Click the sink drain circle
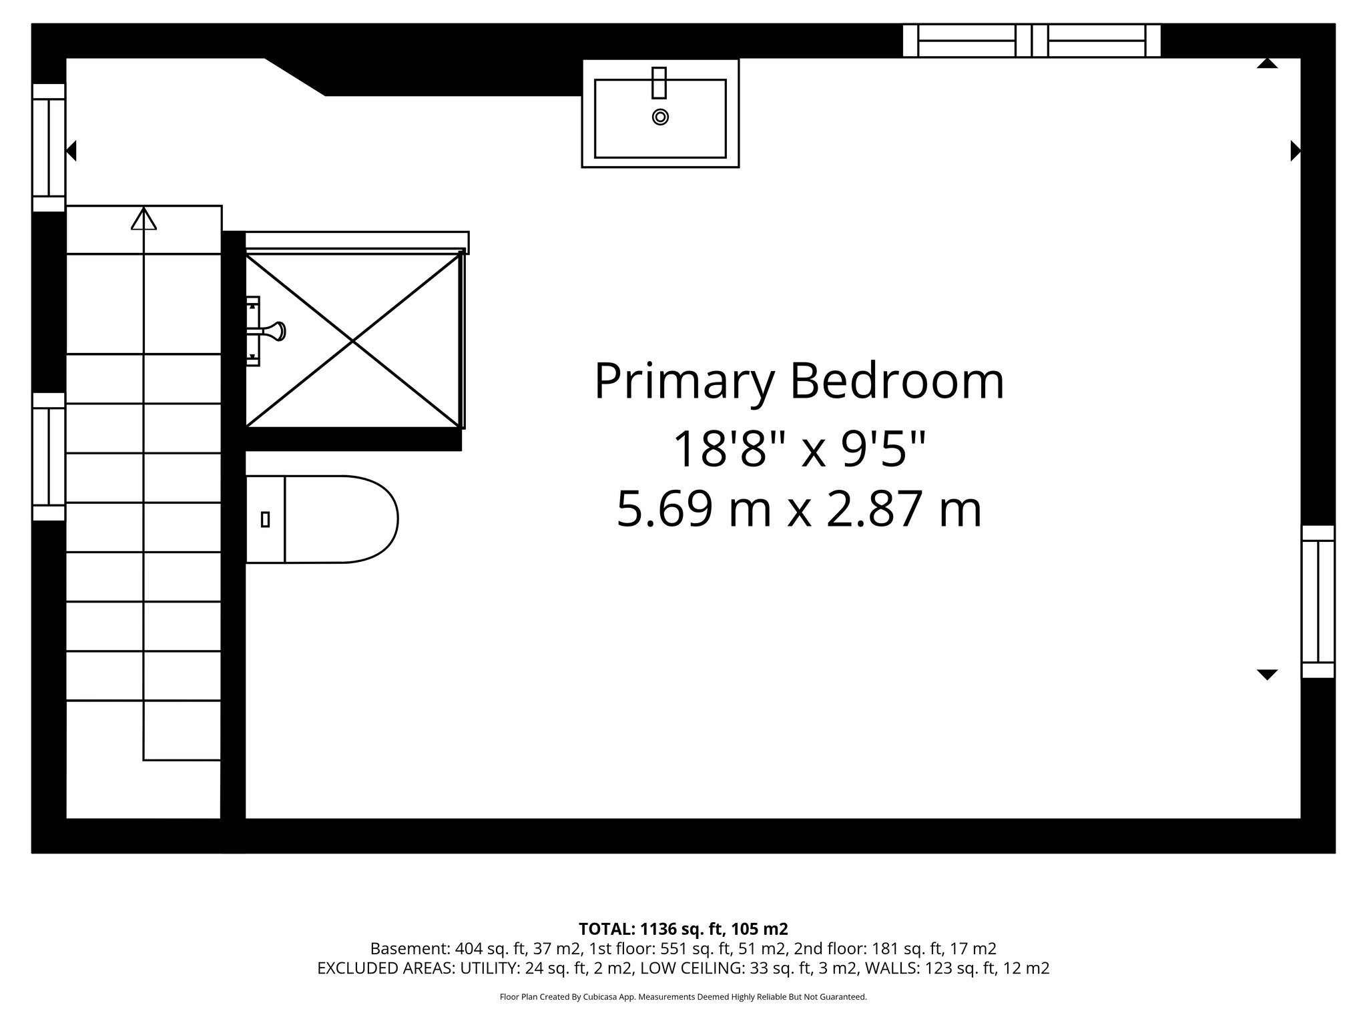pyautogui.click(x=660, y=117)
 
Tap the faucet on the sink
pyautogui.click(x=659, y=82)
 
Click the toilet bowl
pyautogui.click(x=340, y=519)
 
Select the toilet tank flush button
pyautogui.click(x=265, y=519)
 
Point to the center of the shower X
pyautogui.click(x=354, y=340)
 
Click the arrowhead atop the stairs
pyautogui.click(x=144, y=219)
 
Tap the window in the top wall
pyautogui.click(x=1031, y=40)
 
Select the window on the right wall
pyautogui.click(x=1318, y=601)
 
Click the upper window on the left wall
pyautogui.click(x=49, y=147)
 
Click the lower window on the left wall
pyautogui.click(x=49, y=456)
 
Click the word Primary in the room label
pyautogui.click(x=685, y=382)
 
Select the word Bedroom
pyautogui.click(x=897, y=382)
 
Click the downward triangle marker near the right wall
pyautogui.click(x=1267, y=675)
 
